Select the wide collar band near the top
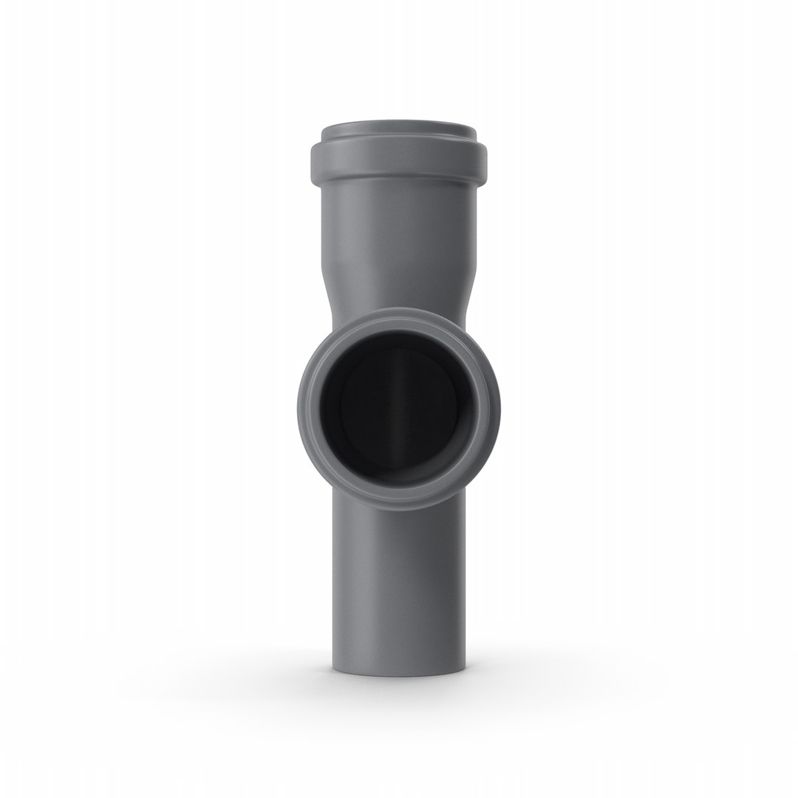(x=399, y=161)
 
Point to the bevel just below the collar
(x=399, y=185)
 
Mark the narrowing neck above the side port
(x=399, y=296)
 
